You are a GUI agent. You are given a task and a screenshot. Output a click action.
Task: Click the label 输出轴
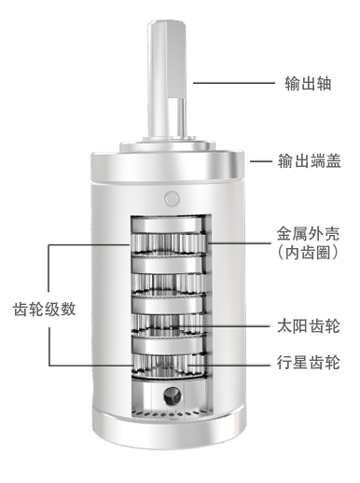coord(308,83)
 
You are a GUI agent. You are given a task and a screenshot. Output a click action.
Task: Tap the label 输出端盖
coord(310,161)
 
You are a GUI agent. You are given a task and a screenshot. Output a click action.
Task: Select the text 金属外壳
coord(308,234)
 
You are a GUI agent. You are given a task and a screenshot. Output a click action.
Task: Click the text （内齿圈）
coord(308,253)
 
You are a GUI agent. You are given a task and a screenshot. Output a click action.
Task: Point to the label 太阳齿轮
coord(309,326)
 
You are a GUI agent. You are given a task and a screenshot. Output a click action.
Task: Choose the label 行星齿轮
coord(309,362)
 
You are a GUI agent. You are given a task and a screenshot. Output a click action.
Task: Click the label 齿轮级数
coord(44,310)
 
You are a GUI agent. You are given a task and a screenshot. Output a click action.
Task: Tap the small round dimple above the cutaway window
coord(172,199)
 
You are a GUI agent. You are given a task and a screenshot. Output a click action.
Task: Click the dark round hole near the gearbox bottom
coord(172,396)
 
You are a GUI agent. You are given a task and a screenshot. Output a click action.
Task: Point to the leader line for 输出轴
coord(234,83)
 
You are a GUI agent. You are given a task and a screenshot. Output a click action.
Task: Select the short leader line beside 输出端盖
coord(261,161)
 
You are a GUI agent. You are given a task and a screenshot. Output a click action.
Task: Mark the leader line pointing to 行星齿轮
coord(229,365)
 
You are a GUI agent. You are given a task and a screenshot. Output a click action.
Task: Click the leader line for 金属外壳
coord(240,242)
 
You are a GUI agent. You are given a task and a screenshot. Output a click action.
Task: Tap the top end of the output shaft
coord(167,22)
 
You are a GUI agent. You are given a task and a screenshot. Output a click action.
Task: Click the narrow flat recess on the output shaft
coord(175,117)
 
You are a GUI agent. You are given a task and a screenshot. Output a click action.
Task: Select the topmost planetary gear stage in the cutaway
coord(168,243)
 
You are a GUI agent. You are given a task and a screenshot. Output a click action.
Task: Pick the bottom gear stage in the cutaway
coord(168,366)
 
